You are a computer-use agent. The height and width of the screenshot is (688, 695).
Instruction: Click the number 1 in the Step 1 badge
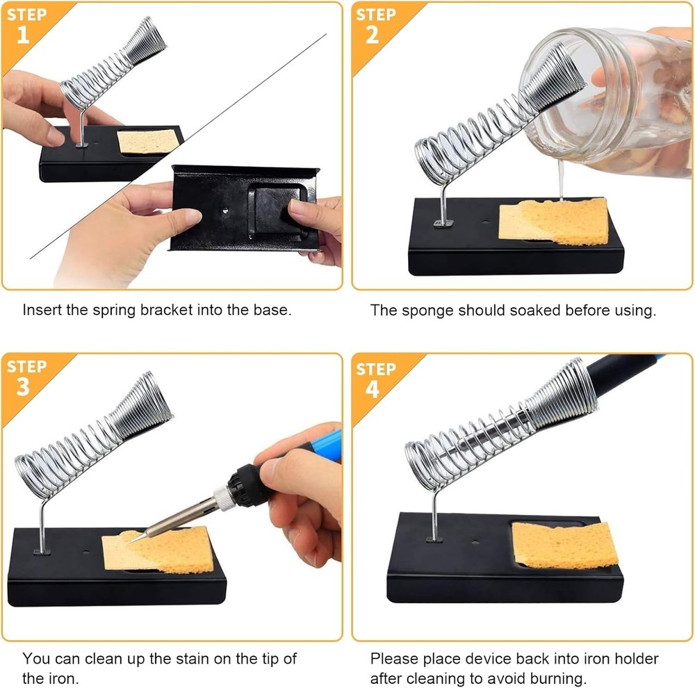point(23,34)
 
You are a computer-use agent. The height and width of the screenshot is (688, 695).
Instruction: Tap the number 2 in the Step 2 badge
point(373,34)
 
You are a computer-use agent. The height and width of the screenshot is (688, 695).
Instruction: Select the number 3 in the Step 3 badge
point(23,386)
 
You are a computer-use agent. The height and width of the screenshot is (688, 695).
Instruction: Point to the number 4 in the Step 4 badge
point(373,388)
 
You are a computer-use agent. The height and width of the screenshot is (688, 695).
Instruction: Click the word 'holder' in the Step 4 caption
point(634,658)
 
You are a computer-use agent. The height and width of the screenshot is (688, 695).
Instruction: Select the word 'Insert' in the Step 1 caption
point(42,310)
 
